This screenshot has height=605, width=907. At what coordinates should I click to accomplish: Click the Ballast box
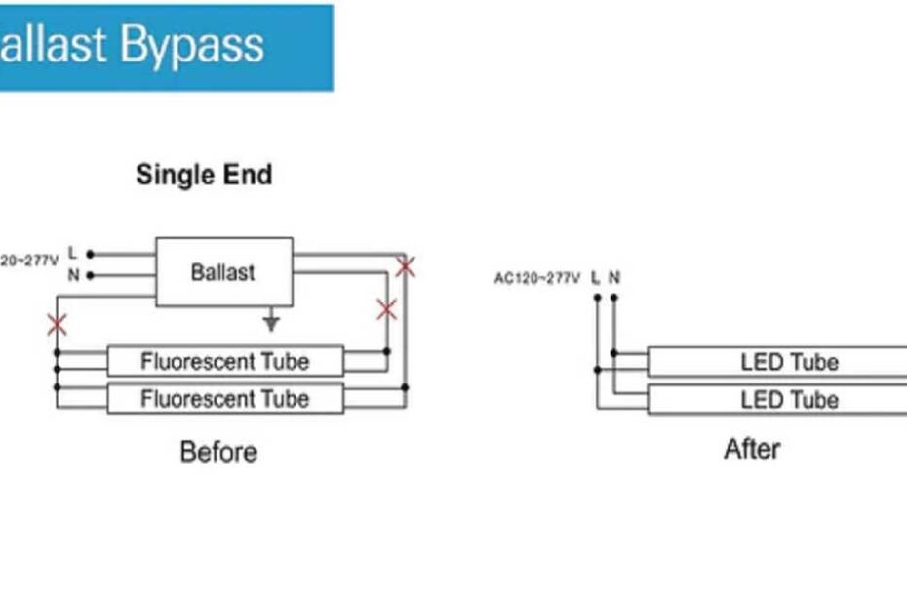coord(223,271)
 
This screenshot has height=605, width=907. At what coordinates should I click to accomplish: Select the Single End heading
coord(204,175)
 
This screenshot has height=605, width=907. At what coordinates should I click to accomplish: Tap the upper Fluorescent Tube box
coord(224,361)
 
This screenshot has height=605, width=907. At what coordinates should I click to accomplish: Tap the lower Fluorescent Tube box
coord(224,398)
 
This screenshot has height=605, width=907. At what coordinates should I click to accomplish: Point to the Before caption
coord(218,452)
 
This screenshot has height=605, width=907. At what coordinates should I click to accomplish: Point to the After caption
coord(752,449)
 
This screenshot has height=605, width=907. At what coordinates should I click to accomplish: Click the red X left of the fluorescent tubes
coord(58,325)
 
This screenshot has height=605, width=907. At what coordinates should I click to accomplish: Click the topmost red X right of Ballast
coord(405,265)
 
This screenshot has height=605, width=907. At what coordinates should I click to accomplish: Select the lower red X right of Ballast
coord(386,310)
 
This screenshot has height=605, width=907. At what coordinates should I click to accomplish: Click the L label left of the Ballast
coord(73,254)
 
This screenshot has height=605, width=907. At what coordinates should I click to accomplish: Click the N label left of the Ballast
coord(73,275)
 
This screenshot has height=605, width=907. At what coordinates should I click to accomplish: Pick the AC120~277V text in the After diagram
coord(536,279)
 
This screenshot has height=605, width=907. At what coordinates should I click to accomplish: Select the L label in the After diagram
coord(596,278)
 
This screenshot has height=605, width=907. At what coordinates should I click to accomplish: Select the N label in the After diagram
coord(614,278)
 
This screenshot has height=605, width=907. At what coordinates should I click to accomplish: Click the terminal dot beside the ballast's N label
coord(90,275)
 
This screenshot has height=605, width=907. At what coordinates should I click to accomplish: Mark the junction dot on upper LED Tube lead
coord(614,353)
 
